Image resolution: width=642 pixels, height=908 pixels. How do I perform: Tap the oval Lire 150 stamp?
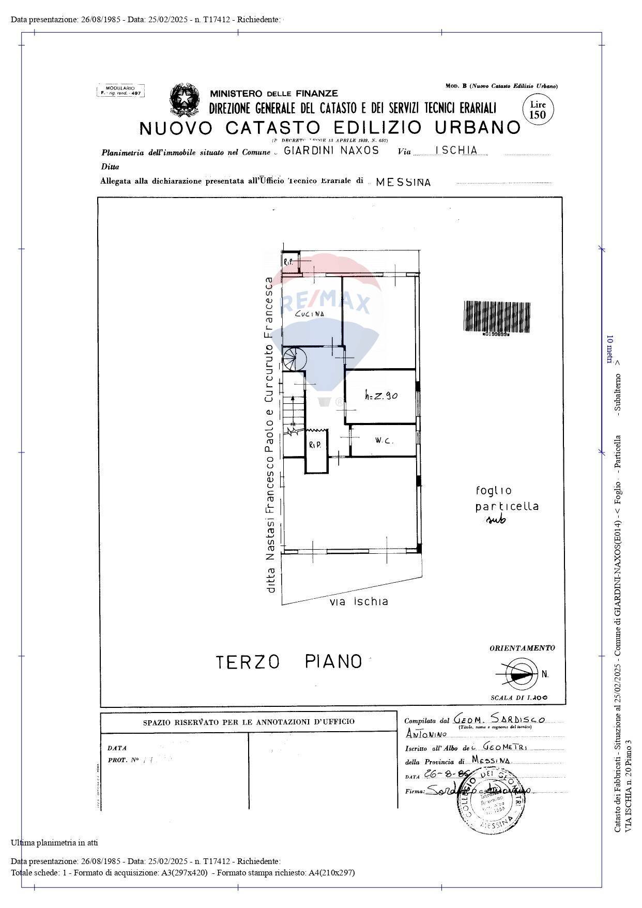(x=538, y=110)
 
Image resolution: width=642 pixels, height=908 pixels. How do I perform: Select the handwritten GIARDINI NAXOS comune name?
(x=332, y=150)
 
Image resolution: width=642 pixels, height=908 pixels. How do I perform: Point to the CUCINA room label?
(x=310, y=313)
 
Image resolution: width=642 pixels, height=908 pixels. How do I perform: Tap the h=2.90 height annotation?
(x=381, y=396)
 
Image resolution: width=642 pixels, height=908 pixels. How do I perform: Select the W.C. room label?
(x=384, y=441)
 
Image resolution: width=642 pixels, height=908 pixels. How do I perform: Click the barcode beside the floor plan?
(x=496, y=317)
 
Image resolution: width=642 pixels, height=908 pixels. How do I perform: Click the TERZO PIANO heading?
(x=288, y=661)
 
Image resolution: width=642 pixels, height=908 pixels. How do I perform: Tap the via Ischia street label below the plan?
(x=359, y=601)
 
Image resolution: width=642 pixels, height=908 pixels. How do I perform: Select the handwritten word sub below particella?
(x=496, y=520)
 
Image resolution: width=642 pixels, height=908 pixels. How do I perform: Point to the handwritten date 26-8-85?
(x=445, y=774)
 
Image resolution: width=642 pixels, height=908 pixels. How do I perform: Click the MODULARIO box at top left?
(x=120, y=90)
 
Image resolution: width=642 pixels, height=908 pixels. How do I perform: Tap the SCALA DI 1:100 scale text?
(x=518, y=698)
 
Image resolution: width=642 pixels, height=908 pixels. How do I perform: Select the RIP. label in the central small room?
(x=315, y=445)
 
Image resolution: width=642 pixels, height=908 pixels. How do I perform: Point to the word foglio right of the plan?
(x=494, y=490)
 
